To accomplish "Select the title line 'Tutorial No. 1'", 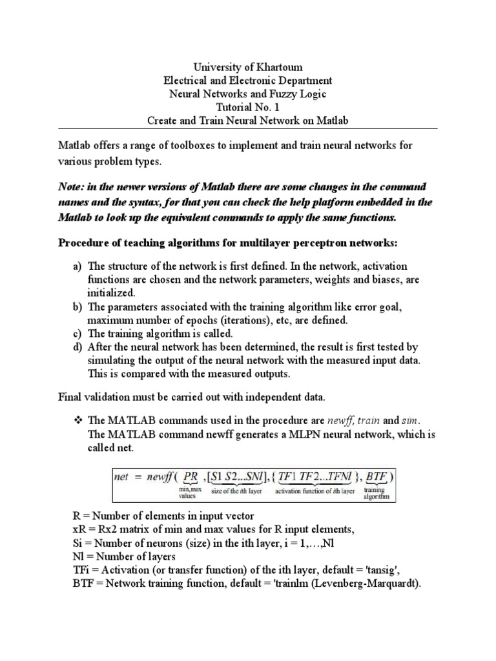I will pos(247,107).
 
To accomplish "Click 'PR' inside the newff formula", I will pos(192,478).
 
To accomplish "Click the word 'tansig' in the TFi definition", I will pos(393,569).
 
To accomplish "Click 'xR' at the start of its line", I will pos(77,530).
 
